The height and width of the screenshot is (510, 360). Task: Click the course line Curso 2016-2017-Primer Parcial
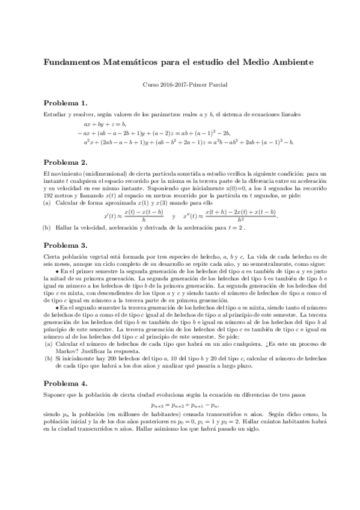[180, 85]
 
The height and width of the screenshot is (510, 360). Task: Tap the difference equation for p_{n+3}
[180, 405]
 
